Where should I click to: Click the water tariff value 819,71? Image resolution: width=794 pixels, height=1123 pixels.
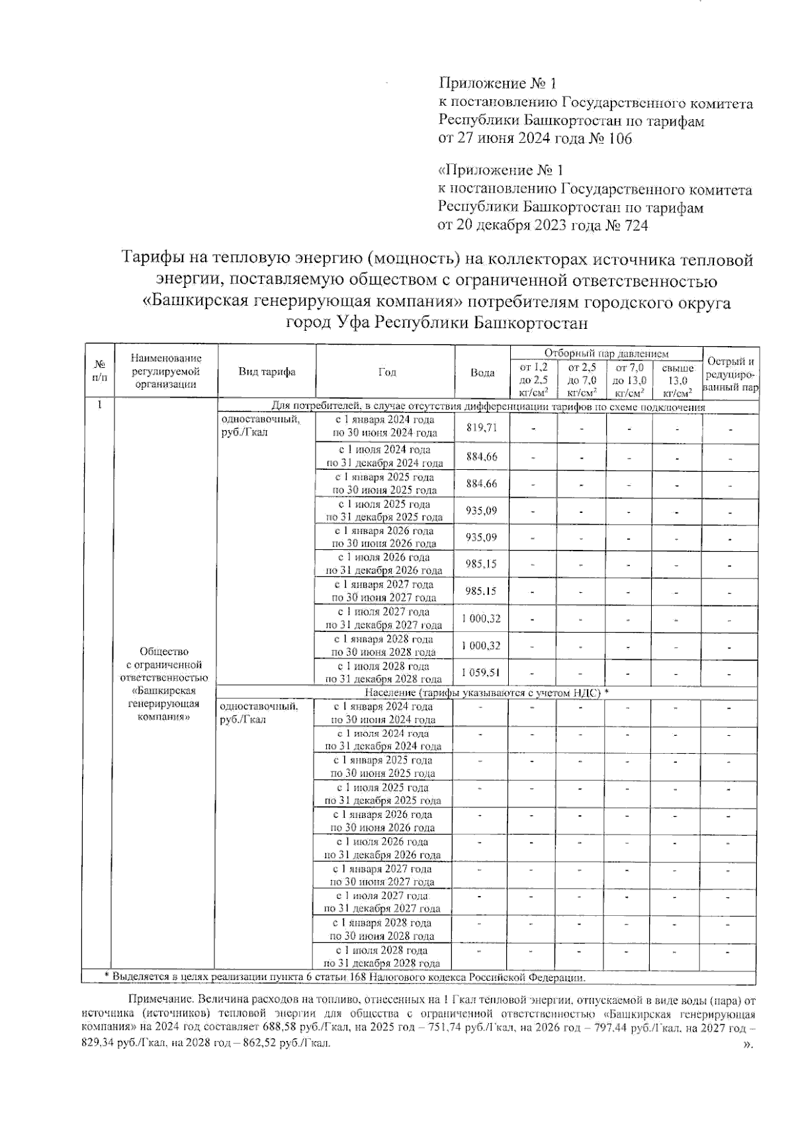pos(481,428)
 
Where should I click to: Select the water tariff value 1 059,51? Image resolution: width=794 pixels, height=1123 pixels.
pos(481,673)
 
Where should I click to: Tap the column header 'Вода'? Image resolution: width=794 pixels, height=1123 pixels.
pos(482,373)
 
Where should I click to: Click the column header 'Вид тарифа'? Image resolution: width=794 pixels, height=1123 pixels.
pos(267,372)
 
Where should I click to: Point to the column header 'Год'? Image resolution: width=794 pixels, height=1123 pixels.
pos(387,372)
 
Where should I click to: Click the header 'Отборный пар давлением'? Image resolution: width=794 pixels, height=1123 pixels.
pos(606,354)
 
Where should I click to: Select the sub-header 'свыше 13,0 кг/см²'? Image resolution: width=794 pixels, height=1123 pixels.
pos(678,380)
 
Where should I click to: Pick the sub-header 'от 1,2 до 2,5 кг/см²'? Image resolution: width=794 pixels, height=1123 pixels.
pos(534,380)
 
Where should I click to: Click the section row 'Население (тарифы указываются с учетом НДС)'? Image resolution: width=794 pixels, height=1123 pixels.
pos(486,692)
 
